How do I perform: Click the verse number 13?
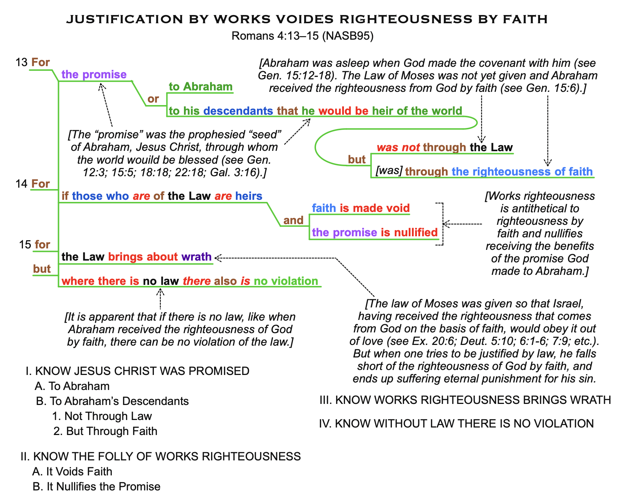tap(21, 63)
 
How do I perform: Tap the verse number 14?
tap(21, 184)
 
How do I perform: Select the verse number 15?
tap(25, 244)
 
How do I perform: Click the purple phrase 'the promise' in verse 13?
tap(94, 74)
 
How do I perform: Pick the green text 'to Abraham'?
tap(200, 87)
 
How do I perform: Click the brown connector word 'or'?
tap(153, 99)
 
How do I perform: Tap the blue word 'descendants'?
tap(238, 111)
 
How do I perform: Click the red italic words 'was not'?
tap(398, 147)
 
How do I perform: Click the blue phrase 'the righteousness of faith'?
tap(522, 172)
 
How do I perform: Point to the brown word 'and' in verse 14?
tap(293, 220)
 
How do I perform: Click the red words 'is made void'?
tap(375, 208)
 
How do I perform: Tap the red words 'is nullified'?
tap(409, 232)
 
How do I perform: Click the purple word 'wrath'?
tap(196, 257)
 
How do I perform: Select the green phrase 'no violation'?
tap(286, 281)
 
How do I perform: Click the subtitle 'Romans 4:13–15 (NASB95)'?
tap(302, 36)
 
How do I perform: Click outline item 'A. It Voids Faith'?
tap(72, 471)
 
